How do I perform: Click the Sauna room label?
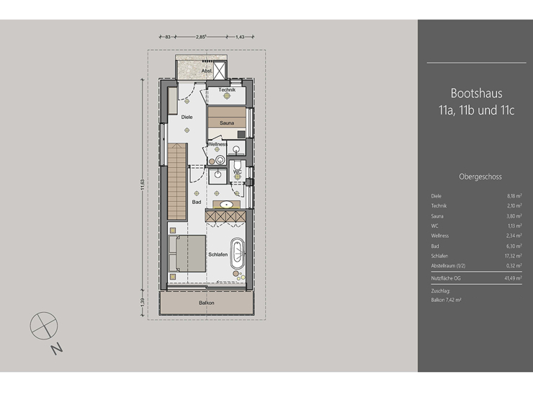[x=227, y=123]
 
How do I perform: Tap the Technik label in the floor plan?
[x=228, y=90]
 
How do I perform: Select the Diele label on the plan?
[x=187, y=117]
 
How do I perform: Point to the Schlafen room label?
[x=218, y=254]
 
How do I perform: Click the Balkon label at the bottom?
[x=207, y=303]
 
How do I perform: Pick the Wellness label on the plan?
[x=218, y=144]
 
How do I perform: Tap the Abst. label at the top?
[x=206, y=71]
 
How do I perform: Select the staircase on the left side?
[x=177, y=182]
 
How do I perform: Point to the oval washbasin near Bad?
[x=229, y=205]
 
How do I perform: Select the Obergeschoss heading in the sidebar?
[x=480, y=177]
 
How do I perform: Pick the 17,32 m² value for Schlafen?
[x=513, y=255]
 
